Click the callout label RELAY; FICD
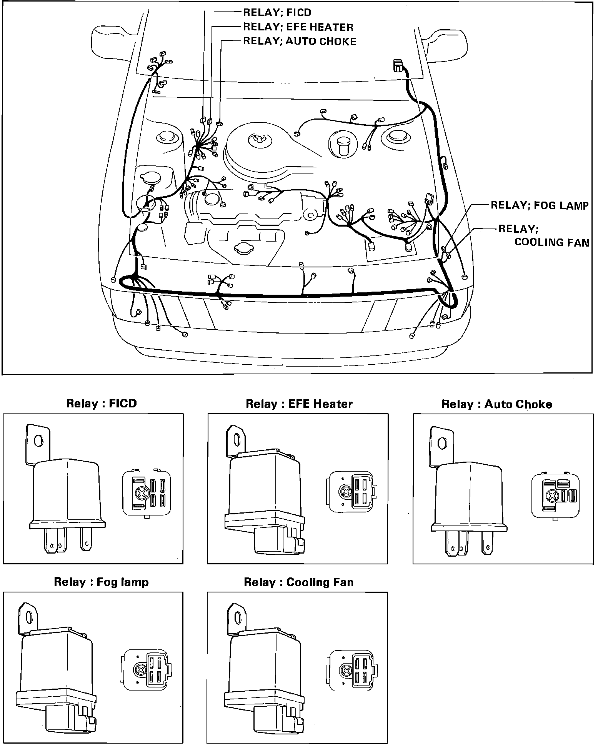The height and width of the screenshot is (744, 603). pyautogui.click(x=277, y=12)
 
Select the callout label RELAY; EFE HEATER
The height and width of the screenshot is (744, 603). pyautogui.click(x=298, y=27)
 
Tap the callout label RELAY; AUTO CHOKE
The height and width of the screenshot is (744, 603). pyautogui.click(x=300, y=41)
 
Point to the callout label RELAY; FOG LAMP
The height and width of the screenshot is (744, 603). pyautogui.click(x=539, y=205)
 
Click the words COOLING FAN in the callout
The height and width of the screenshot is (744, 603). pyautogui.click(x=551, y=242)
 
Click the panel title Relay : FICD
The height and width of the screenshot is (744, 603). pyautogui.click(x=102, y=404)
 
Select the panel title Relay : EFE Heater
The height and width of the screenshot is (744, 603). pyautogui.click(x=299, y=404)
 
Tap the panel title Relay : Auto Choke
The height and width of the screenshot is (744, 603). pyautogui.click(x=496, y=404)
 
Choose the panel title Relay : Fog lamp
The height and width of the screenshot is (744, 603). pyautogui.click(x=101, y=582)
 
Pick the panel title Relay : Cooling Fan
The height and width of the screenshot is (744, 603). pyautogui.click(x=298, y=582)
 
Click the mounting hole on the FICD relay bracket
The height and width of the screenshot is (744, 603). pyautogui.click(x=38, y=440)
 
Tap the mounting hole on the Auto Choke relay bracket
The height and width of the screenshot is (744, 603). pyautogui.click(x=442, y=444)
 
